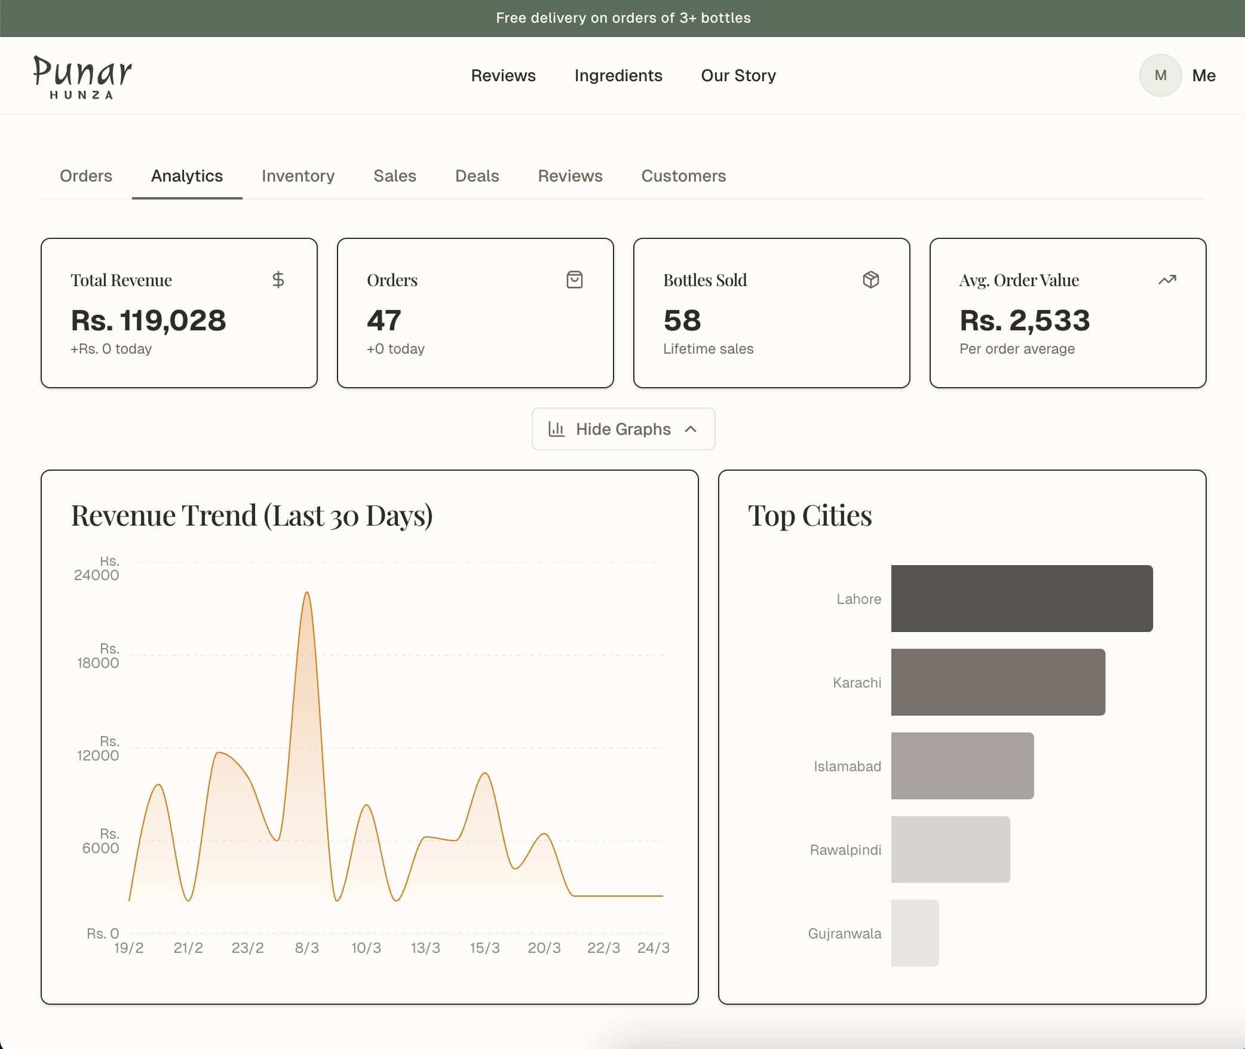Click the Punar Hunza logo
[82, 76]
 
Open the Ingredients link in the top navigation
[618, 76]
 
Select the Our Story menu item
[738, 76]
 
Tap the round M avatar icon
[1160, 76]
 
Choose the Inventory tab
[298, 176]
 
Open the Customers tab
[683, 176]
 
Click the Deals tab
[477, 176]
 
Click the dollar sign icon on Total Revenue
[278, 280]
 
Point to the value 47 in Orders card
[384, 321]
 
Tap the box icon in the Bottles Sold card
[870, 280]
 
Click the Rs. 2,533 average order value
[1024, 321]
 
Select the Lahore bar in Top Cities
[1021, 599]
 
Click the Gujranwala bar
[914, 933]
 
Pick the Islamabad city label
[847, 766]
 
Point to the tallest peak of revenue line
[306, 593]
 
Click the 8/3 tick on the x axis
[306, 948]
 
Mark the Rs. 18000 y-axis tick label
[98, 657]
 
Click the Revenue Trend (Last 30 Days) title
[252, 516]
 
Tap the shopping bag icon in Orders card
[574, 280]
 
